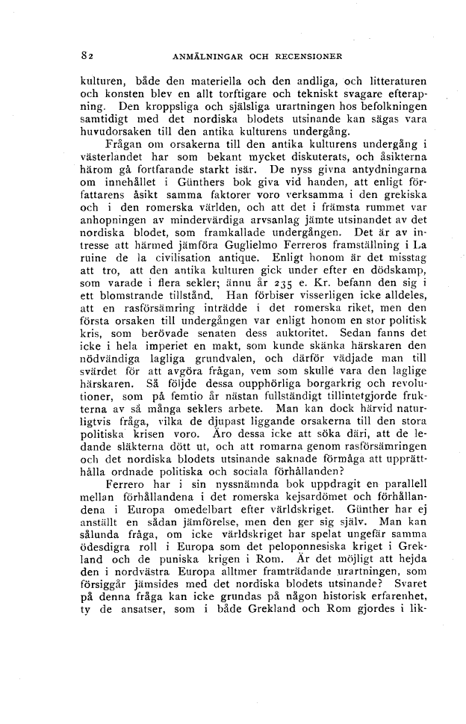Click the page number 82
[x=87, y=55]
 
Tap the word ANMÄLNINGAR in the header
[x=206, y=55]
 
